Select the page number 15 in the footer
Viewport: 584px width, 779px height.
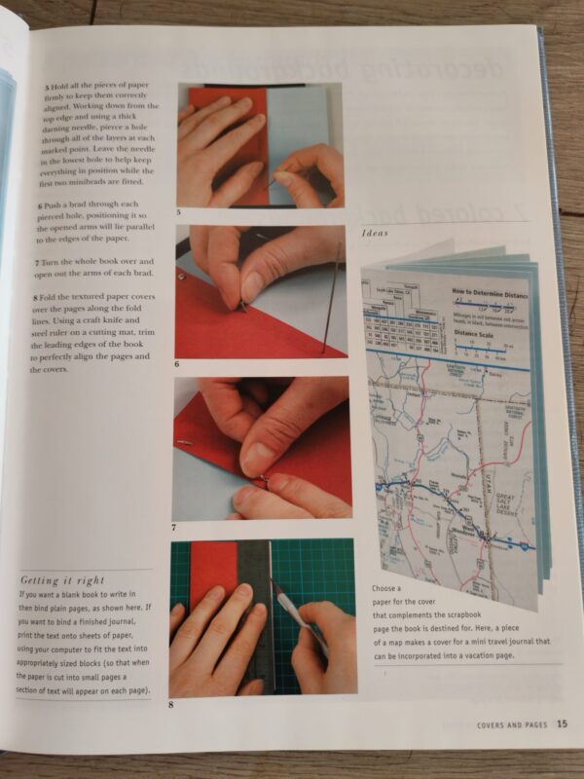[564, 723]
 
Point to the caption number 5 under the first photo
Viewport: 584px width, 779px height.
[178, 212]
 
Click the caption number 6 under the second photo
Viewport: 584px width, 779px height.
[177, 364]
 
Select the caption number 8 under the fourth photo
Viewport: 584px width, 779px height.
[172, 704]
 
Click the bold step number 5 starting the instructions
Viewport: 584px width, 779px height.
[47, 89]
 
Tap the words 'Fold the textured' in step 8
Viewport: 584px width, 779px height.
[74, 296]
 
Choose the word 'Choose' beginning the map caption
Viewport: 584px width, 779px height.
[384, 589]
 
